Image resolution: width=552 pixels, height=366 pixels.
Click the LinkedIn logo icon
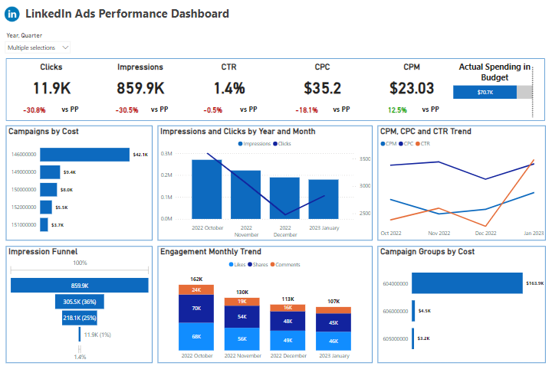[12, 15]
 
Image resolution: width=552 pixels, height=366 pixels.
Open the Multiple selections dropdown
[38, 47]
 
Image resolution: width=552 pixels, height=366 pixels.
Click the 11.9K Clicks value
[51, 88]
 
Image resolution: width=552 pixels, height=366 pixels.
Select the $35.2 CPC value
[323, 88]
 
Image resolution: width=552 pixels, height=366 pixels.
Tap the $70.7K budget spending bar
[485, 92]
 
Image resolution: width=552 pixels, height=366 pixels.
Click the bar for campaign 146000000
[84, 155]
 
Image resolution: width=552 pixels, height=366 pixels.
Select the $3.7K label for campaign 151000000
[58, 225]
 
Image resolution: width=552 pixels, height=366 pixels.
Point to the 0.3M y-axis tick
[166, 154]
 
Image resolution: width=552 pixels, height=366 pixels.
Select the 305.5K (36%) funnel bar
[80, 302]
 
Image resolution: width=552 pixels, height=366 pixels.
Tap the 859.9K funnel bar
[80, 285]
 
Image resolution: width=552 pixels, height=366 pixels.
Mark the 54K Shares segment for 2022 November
[242, 317]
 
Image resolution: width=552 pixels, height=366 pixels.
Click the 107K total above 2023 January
[334, 301]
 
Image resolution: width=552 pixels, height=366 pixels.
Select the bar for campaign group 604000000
[467, 283]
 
